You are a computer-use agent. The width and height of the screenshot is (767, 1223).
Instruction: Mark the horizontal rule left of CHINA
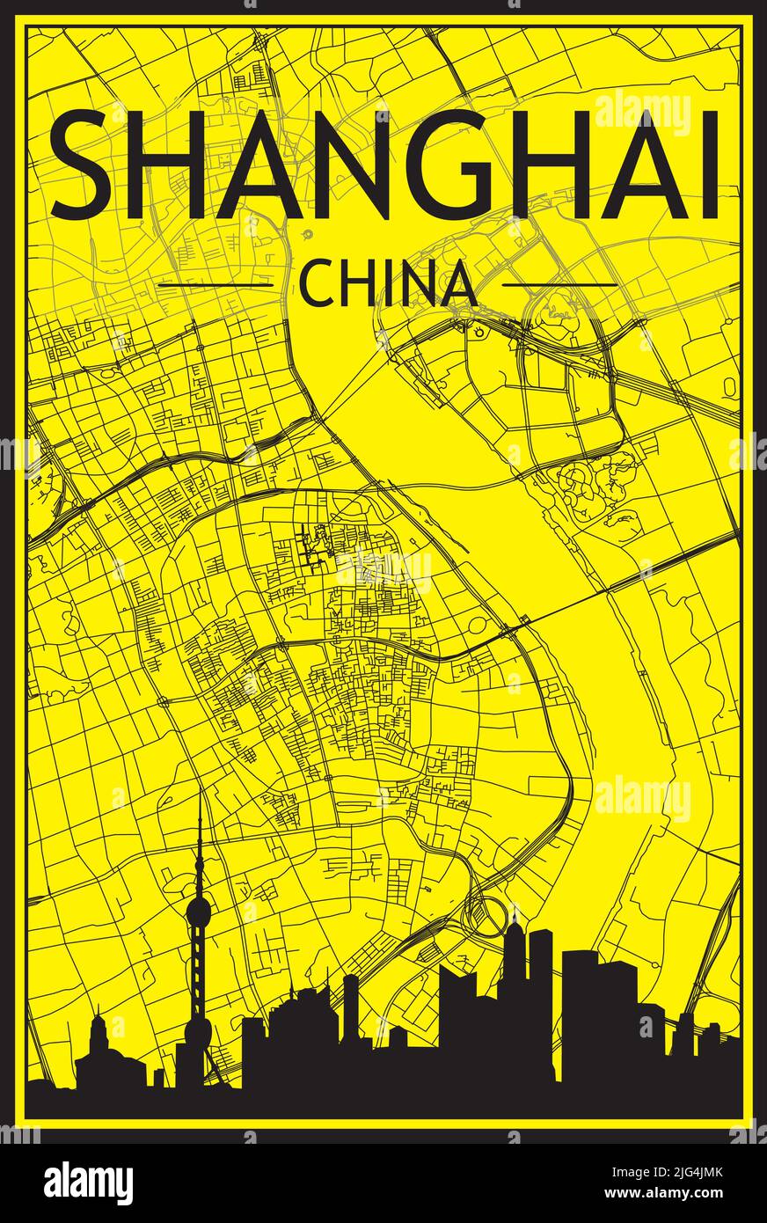(215, 285)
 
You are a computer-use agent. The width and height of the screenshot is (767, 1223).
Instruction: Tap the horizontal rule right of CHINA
(560, 284)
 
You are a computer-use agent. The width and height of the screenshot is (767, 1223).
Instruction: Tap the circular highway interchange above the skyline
(482, 916)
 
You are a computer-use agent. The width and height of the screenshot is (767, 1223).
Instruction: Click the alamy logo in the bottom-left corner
(88, 1183)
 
